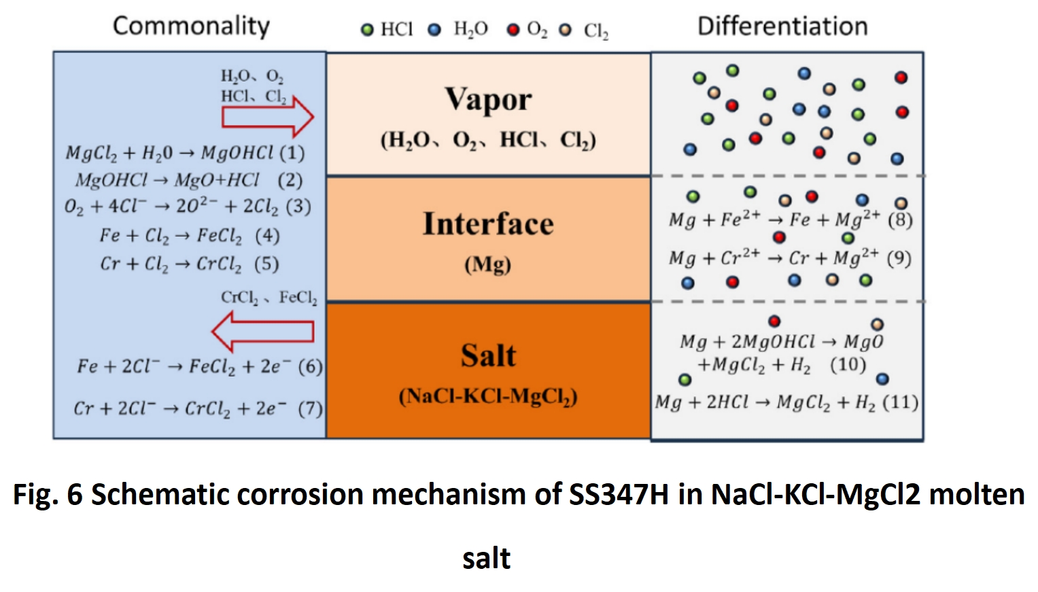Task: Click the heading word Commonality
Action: click(x=191, y=26)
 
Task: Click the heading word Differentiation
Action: click(x=782, y=26)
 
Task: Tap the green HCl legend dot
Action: click(x=367, y=30)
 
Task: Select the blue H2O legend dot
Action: click(x=434, y=30)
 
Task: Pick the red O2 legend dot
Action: click(x=513, y=30)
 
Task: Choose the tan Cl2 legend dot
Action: click(x=565, y=30)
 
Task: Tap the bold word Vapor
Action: click(x=488, y=99)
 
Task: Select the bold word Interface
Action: click(x=488, y=224)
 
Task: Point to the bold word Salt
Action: click(x=488, y=355)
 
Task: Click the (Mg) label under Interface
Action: click(x=487, y=264)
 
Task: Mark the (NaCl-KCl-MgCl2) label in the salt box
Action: click(x=487, y=396)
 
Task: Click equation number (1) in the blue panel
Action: click(x=292, y=152)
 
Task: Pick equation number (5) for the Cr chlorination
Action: click(x=266, y=264)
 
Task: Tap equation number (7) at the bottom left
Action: click(x=310, y=408)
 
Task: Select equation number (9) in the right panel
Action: click(x=899, y=258)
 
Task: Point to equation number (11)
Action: click(x=900, y=402)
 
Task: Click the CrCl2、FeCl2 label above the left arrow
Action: click(x=269, y=298)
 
